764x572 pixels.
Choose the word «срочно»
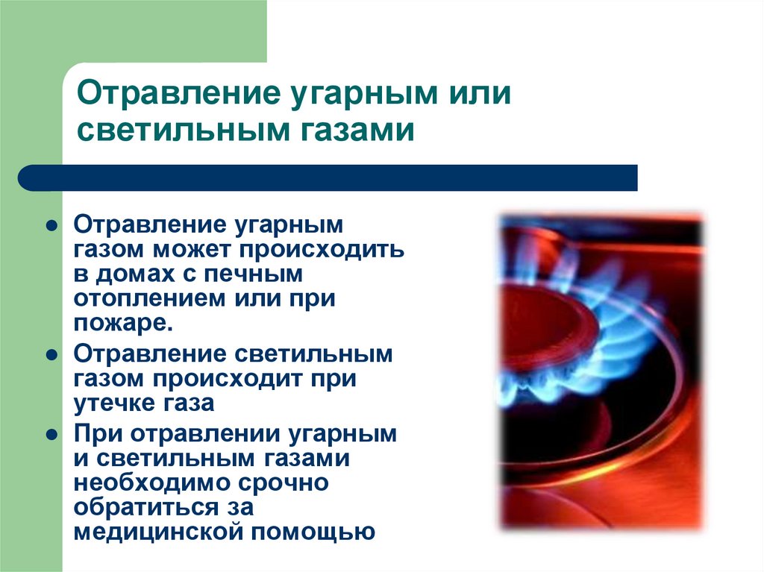pyautogui.click(x=286, y=482)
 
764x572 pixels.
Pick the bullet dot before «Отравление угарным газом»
pyautogui.click(x=51, y=225)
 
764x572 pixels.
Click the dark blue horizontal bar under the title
pyautogui.click(x=328, y=178)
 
